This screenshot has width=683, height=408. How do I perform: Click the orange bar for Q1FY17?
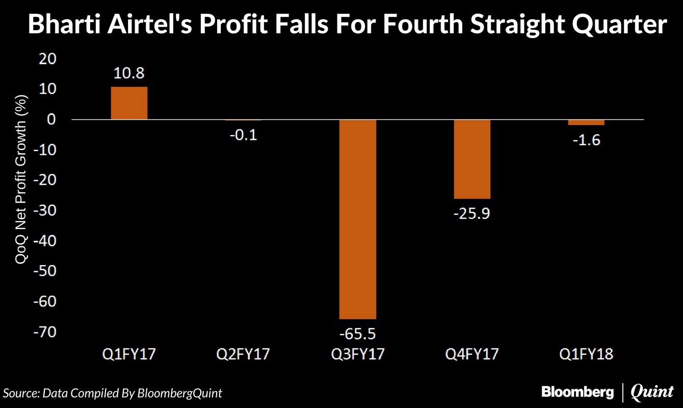click(129, 104)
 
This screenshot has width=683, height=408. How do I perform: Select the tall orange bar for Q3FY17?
click(357, 219)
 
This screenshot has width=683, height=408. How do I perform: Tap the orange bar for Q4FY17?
click(471, 159)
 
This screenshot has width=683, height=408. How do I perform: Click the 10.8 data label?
click(129, 73)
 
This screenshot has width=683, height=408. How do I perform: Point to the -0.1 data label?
click(243, 136)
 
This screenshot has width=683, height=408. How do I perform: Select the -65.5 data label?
click(357, 334)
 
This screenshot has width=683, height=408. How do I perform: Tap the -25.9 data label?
click(471, 214)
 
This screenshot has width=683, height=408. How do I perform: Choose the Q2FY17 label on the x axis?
click(243, 353)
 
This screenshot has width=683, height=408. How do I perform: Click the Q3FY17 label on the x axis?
click(357, 353)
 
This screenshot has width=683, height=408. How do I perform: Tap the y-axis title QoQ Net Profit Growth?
click(21, 180)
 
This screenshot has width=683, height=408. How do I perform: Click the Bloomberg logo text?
click(577, 392)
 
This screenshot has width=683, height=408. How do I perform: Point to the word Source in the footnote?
click(20, 393)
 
